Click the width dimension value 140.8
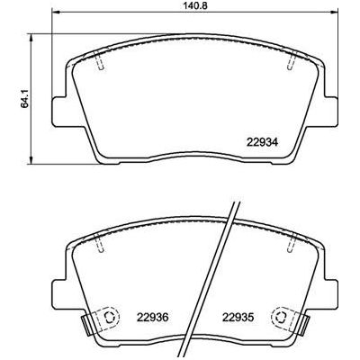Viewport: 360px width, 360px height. pyautogui.click(x=196, y=6)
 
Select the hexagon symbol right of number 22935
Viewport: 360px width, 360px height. pyautogui.click(x=283, y=316)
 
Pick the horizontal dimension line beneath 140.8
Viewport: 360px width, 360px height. pyautogui.click(x=196, y=16)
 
